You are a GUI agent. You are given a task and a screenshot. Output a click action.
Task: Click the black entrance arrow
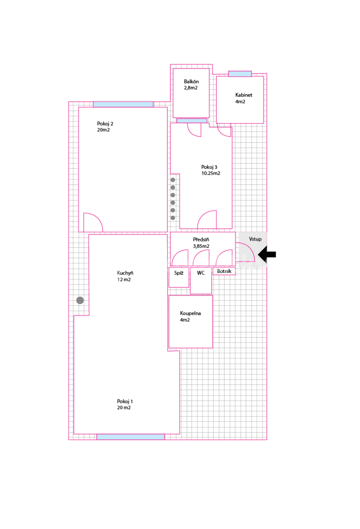(x=267, y=254)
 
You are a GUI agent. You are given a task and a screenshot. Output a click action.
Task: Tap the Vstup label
(x=255, y=239)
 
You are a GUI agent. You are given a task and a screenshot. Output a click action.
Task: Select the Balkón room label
(x=191, y=82)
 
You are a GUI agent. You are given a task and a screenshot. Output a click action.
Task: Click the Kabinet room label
(x=244, y=95)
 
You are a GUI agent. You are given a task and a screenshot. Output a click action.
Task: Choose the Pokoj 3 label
(x=209, y=167)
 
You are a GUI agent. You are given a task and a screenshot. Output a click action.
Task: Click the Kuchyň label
(x=125, y=273)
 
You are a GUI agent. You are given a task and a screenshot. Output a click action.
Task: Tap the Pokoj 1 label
(x=125, y=401)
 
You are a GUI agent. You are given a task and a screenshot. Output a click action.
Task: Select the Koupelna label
(x=190, y=313)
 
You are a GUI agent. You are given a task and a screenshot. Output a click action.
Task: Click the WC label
(x=201, y=273)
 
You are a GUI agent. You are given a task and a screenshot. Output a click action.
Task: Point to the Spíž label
(x=179, y=273)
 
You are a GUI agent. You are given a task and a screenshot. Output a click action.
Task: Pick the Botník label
(x=224, y=272)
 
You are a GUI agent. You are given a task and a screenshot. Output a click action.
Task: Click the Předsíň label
(x=201, y=240)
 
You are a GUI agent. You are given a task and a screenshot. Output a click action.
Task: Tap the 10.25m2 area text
(x=210, y=173)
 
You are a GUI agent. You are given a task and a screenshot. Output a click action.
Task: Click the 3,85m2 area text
(x=201, y=246)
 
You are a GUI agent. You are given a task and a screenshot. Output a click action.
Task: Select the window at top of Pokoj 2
(x=123, y=104)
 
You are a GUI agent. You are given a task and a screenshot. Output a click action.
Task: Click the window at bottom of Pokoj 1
(x=130, y=437)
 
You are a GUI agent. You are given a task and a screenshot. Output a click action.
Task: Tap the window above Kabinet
(x=240, y=74)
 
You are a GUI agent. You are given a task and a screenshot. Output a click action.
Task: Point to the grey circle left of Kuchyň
(x=80, y=300)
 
